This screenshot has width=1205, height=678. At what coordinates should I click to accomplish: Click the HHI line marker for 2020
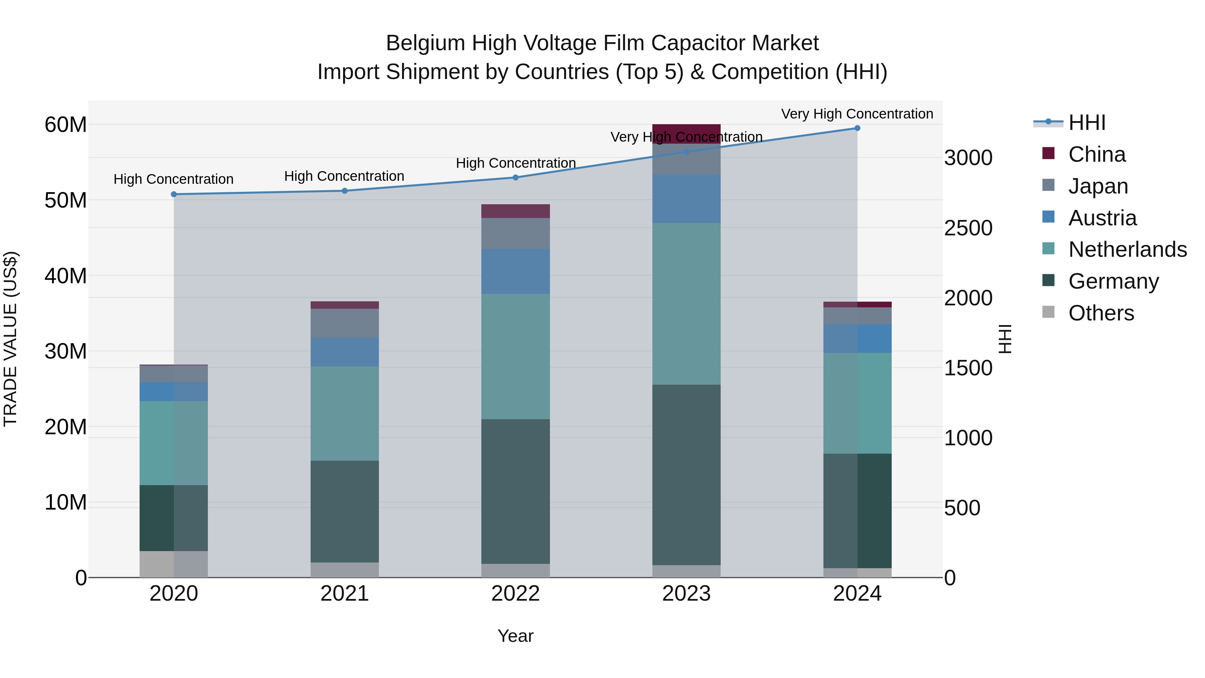pos(173,194)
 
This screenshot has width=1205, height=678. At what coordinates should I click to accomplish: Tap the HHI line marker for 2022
pos(515,177)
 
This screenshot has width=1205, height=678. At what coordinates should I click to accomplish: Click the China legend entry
pos(1097,154)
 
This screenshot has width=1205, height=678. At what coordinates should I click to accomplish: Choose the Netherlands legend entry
pos(1127,249)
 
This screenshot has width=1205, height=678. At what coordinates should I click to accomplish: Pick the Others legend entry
pos(1101,313)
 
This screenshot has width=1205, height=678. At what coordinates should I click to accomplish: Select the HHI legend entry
pos(1087,123)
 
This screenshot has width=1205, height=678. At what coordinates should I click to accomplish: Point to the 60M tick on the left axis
pos(66,125)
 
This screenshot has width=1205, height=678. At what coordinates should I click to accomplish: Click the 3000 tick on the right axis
pos(968,158)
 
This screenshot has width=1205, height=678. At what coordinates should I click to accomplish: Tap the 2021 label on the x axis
pos(344,594)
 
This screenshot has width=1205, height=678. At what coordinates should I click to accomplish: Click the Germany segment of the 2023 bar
pos(686,475)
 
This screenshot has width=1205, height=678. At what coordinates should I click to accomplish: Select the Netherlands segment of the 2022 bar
pos(515,357)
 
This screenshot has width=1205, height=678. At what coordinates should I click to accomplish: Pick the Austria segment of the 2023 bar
pos(686,199)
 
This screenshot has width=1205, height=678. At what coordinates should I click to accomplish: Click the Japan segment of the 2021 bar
pos(344,323)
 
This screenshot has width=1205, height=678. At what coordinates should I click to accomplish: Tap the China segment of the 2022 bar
pos(515,211)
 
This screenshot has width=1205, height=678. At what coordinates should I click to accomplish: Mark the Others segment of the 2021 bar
pos(344,570)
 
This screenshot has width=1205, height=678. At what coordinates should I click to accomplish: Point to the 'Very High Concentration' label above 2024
pos(857,114)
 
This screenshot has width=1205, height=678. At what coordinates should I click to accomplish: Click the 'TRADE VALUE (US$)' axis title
pos(10,339)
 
